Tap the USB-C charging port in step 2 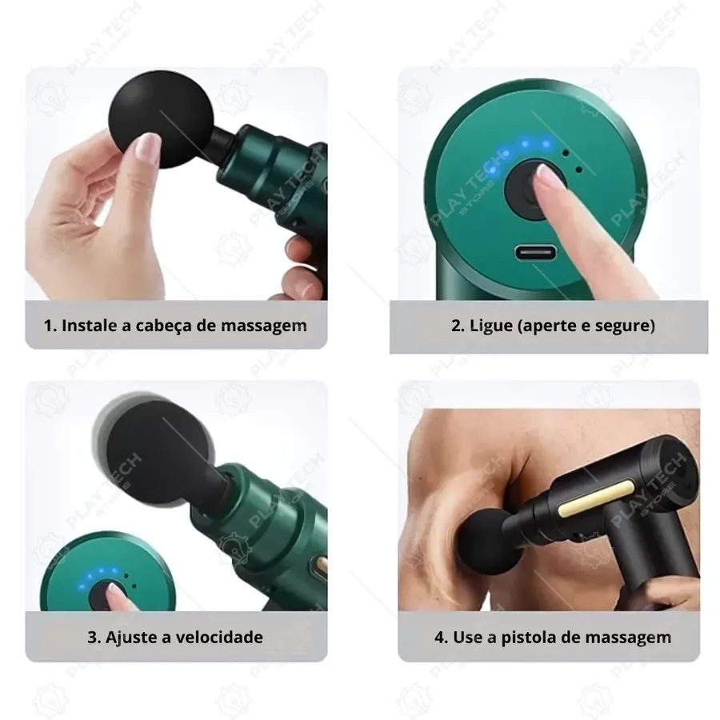[x=535, y=253]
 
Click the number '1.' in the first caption [x=50, y=326]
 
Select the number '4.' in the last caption [x=442, y=638]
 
